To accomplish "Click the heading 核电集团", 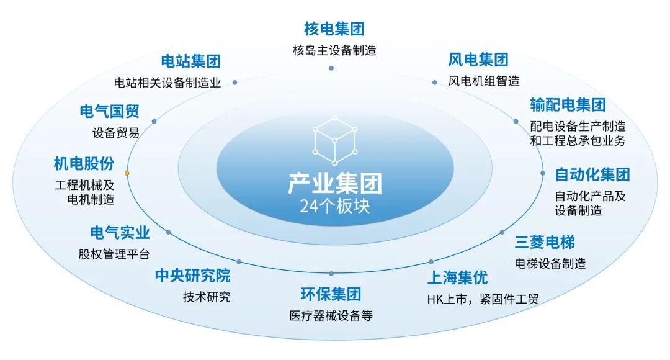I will [334, 29].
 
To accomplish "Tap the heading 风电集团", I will [478, 60].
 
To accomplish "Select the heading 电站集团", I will [190, 61].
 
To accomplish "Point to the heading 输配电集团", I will [568, 104].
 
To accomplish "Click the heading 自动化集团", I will [592, 174].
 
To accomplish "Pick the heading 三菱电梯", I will [545, 241].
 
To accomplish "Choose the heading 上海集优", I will [457, 277].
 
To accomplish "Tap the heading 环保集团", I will [331, 294].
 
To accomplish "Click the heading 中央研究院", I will [192, 276].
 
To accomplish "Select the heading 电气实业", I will [120, 233].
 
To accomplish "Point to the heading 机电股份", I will [84, 164].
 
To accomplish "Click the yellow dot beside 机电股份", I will [127, 173].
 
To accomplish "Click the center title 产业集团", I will [334, 184].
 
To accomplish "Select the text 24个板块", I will [334, 206].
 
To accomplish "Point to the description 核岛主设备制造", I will [334, 50].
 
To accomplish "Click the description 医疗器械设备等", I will [331, 315].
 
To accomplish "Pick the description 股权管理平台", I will [114, 254].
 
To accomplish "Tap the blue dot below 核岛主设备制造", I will [331, 67].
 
